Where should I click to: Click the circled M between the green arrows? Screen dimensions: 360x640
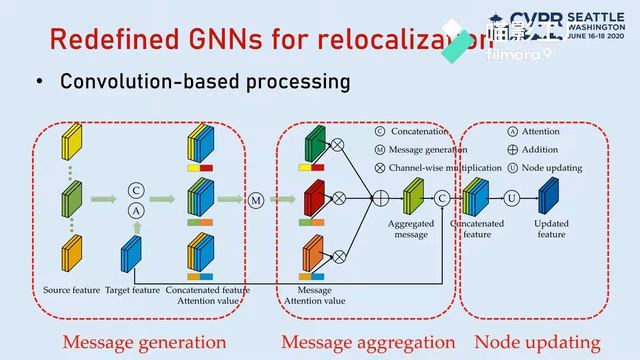pos(256,200)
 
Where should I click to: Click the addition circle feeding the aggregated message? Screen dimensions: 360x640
pos(380,199)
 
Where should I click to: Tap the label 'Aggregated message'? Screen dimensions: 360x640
pos(411,229)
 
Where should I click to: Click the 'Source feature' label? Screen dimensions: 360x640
pos(72,290)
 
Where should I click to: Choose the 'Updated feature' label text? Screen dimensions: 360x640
pos(551,229)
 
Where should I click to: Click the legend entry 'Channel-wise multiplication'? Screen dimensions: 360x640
pos(445,167)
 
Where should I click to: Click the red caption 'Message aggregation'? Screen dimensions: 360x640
pos(360,342)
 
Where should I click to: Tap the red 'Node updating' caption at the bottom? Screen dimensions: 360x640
pos(537,342)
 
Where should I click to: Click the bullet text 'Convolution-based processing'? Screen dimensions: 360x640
pos(205,81)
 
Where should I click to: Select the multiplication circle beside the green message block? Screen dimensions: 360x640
pos(337,145)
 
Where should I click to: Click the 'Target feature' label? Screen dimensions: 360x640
pos(133,290)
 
